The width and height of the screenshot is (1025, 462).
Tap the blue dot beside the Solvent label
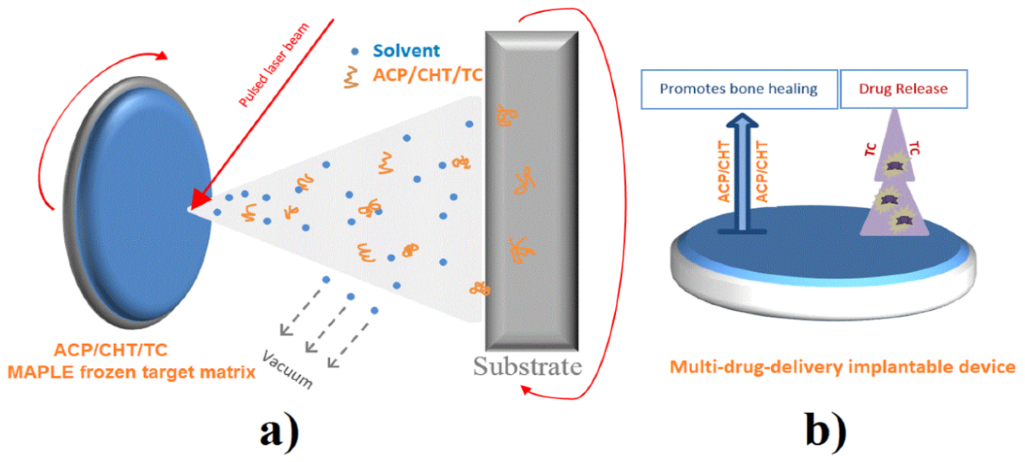coord(354,51)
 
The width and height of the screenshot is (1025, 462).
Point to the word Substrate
coord(527,366)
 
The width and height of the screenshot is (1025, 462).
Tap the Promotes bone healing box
coord(739,89)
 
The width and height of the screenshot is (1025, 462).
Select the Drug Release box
coord(903,89)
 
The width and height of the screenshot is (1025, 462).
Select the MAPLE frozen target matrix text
coord(131,372)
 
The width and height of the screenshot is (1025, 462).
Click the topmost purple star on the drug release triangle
coord(893,165)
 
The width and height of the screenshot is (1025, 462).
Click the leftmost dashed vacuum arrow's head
coord(286,330)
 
